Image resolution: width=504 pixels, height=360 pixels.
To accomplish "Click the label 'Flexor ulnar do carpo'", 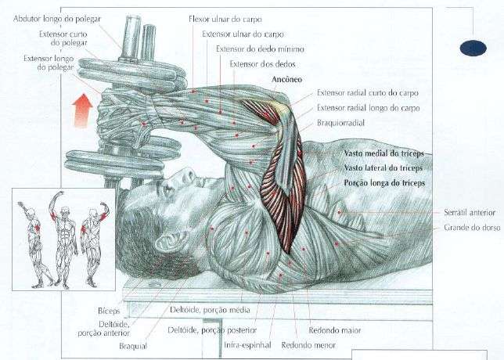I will (x=225, y=17).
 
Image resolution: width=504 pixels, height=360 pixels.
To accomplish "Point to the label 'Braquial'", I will (x=132, y=344).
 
